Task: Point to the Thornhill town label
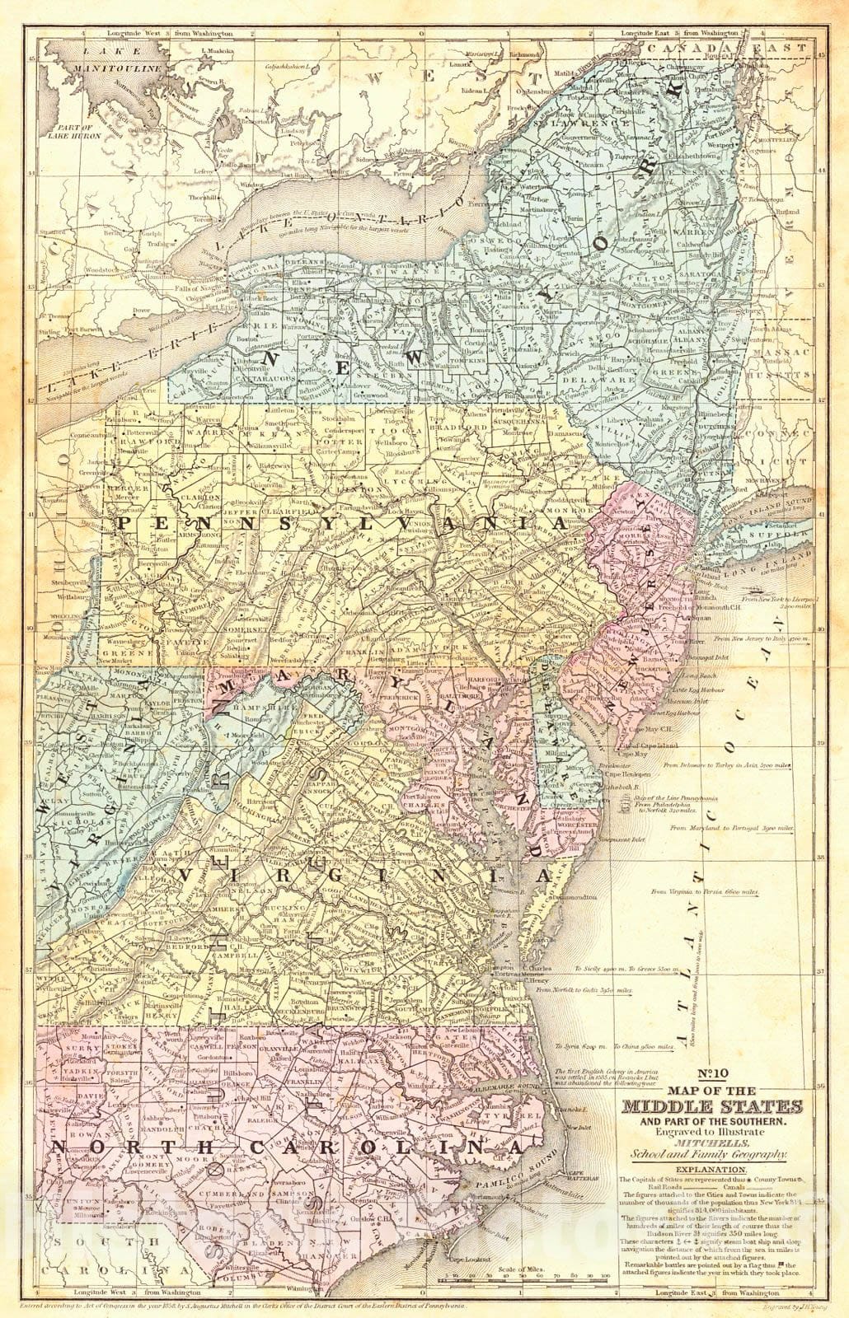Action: [x=203, y=199]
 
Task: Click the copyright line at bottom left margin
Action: [x=247, y=1304]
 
